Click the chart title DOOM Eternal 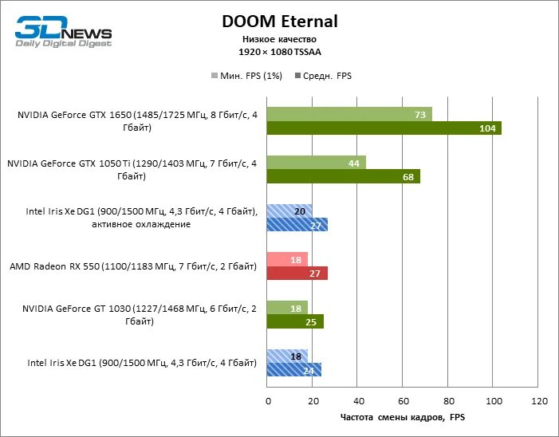(x=279, y=22)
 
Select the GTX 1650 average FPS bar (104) (x=384, y=128)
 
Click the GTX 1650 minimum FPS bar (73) (x=349, y=114)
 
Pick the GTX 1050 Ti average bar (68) (x=343, y=176)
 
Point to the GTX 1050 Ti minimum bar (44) (x=316, y=163)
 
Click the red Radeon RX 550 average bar (x=297, y=274)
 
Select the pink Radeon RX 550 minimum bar (x=287, y=259)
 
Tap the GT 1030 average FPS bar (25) (x=295, y=322)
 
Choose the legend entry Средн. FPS (x=324, y=77)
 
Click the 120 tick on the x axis (x=539, y=400)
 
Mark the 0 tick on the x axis (x=268, y=400)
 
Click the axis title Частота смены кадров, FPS (x=403, y=417)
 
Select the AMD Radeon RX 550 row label (x=132, y=266)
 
